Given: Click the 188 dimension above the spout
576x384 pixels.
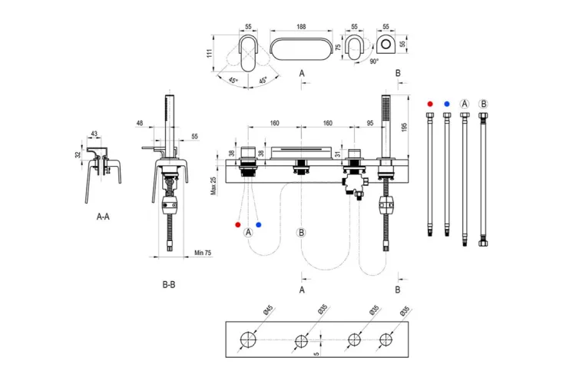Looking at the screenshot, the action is pyautogui.click(x=301, y=26).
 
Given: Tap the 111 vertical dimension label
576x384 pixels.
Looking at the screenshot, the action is pyautogui.click(x=210, y=53).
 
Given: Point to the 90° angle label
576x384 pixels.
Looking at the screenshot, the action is pyautogui.click(x=374, y=61).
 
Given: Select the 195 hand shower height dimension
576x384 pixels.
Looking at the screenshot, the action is pyautogui.click(x=405, y=127).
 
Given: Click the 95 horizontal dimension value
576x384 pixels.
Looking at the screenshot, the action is pyautogui.click(x=369, y=123).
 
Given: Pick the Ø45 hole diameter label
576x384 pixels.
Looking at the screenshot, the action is pyautogui.click(x=269, y=310).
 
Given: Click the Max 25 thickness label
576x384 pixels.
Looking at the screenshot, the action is pyautogui.click(x=214, y=186).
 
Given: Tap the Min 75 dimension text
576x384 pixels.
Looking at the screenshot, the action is pyautogui.click(x=203, y=253).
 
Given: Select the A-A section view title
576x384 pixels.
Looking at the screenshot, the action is pyautogui.click(x=103, y=217).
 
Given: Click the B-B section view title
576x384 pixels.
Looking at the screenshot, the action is pyautogui.click(x=169, y=284).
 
